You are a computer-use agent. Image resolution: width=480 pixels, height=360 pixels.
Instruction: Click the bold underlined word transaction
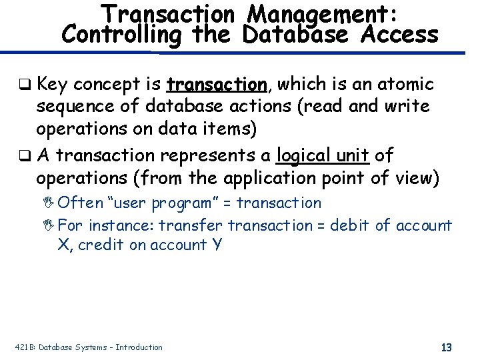coord(217,85)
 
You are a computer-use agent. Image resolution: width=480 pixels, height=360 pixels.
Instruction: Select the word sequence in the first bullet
coord(75,107)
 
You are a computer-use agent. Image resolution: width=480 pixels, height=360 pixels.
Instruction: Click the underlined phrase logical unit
coord(322,155)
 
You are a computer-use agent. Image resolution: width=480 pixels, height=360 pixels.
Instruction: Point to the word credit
coord(101,245)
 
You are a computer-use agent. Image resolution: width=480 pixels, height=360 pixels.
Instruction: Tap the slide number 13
coord(447,347)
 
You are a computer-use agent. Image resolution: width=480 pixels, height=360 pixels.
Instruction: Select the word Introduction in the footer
coord(138,347)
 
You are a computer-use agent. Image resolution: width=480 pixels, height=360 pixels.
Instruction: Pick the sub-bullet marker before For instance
coord(62,225)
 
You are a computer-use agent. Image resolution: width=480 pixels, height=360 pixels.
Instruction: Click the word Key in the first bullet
coord(53,85)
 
